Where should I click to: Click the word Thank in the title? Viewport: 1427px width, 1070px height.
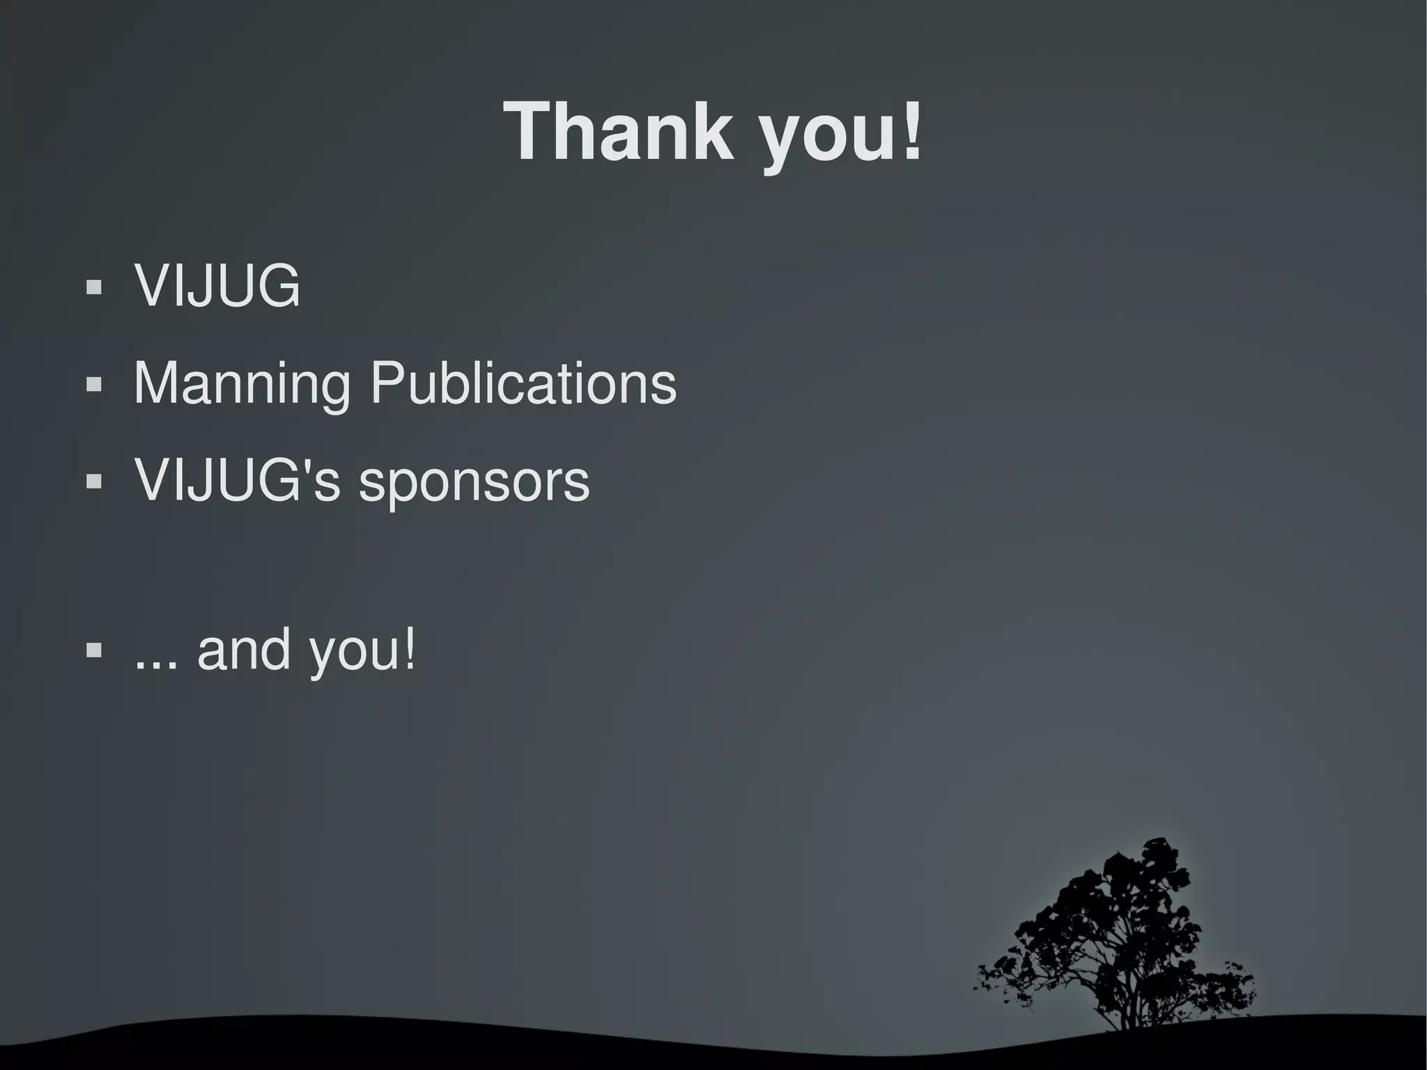pos(619,132)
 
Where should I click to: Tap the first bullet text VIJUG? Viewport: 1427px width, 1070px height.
pos(217,285)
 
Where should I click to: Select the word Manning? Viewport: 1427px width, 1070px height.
pos(242,383)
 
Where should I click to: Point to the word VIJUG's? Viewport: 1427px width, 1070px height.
pos(237,480)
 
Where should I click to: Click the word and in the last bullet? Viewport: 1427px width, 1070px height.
pos(243,649)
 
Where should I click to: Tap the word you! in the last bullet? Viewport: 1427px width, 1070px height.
pos(362,650)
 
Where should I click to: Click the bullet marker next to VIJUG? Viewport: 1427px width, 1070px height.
pos(93,286)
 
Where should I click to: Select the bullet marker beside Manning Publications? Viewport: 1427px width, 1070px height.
pos(93,384)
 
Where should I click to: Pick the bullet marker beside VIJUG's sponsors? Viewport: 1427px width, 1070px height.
pos(93,481)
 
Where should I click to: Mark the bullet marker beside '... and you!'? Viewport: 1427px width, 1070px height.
pos(93,650)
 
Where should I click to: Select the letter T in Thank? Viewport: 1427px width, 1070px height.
pos(532,132)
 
